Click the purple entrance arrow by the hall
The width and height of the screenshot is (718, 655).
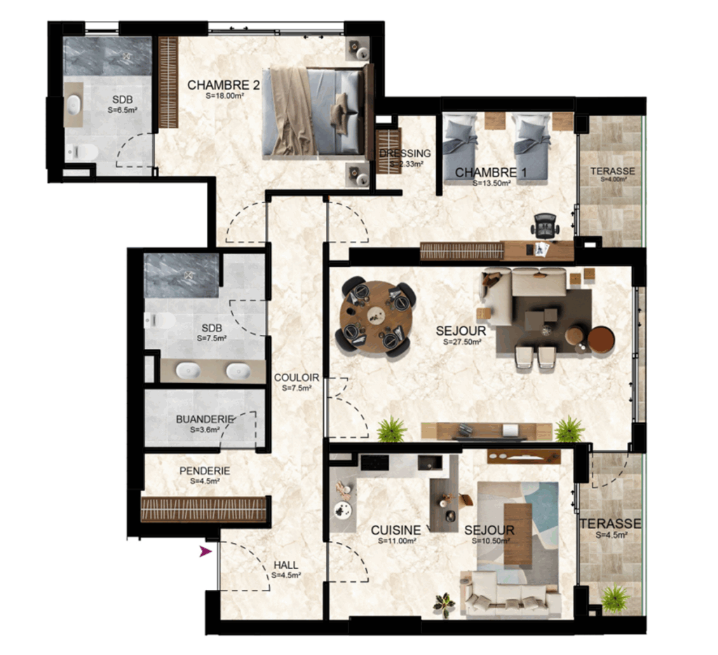click(x=205, y=551)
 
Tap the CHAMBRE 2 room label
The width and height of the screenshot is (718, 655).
click(x=224, y=85)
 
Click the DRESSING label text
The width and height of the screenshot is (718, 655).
click(x=405, y=153)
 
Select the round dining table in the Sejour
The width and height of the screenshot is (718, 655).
click(x=376, y=317)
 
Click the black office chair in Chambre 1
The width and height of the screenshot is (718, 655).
click(x=545, y=226)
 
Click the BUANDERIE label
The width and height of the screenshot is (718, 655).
click(x=205, y=419)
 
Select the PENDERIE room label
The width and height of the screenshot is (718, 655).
click(x=205, y=471)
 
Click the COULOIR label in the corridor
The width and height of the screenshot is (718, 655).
click(x=297, y=378)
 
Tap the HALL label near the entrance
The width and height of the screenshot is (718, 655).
click(x=286, y=565)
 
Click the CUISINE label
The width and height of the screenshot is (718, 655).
click(x=395, y=530)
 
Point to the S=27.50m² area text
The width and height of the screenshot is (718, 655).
click(x=462, y=342)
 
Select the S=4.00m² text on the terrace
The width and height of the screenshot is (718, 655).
click(x=613, y=179)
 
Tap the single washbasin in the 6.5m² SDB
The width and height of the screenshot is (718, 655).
click(x=73, y=105)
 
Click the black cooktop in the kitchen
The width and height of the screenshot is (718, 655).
click(x=374, y=462)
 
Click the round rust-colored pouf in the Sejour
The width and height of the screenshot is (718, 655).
click(x=601, y=340)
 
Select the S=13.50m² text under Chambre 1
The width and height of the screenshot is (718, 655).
click(x=492, y=183)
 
